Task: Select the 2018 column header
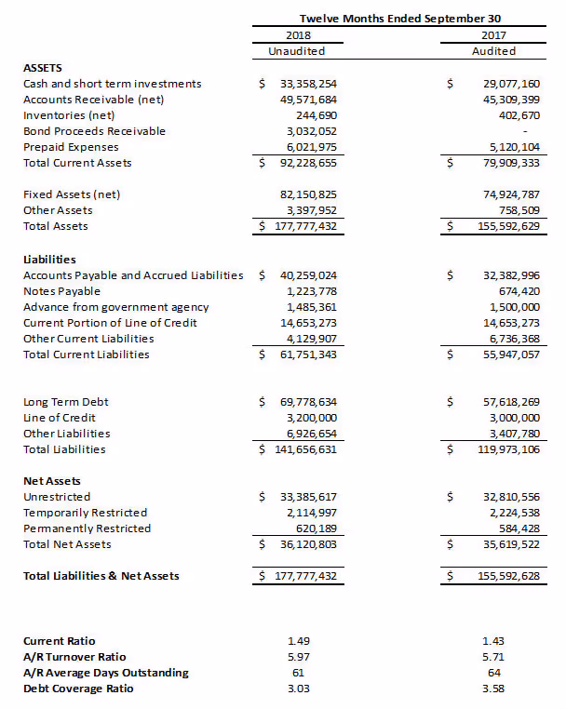[297, 34]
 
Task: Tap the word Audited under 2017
[493, 51]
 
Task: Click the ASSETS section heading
[42, 68]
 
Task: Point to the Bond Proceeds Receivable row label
[94, 131]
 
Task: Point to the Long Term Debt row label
[65, 402]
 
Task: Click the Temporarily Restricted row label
[85, 513]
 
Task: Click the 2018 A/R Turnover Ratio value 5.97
[297, 657]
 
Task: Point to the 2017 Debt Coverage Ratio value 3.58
[492, 689]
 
